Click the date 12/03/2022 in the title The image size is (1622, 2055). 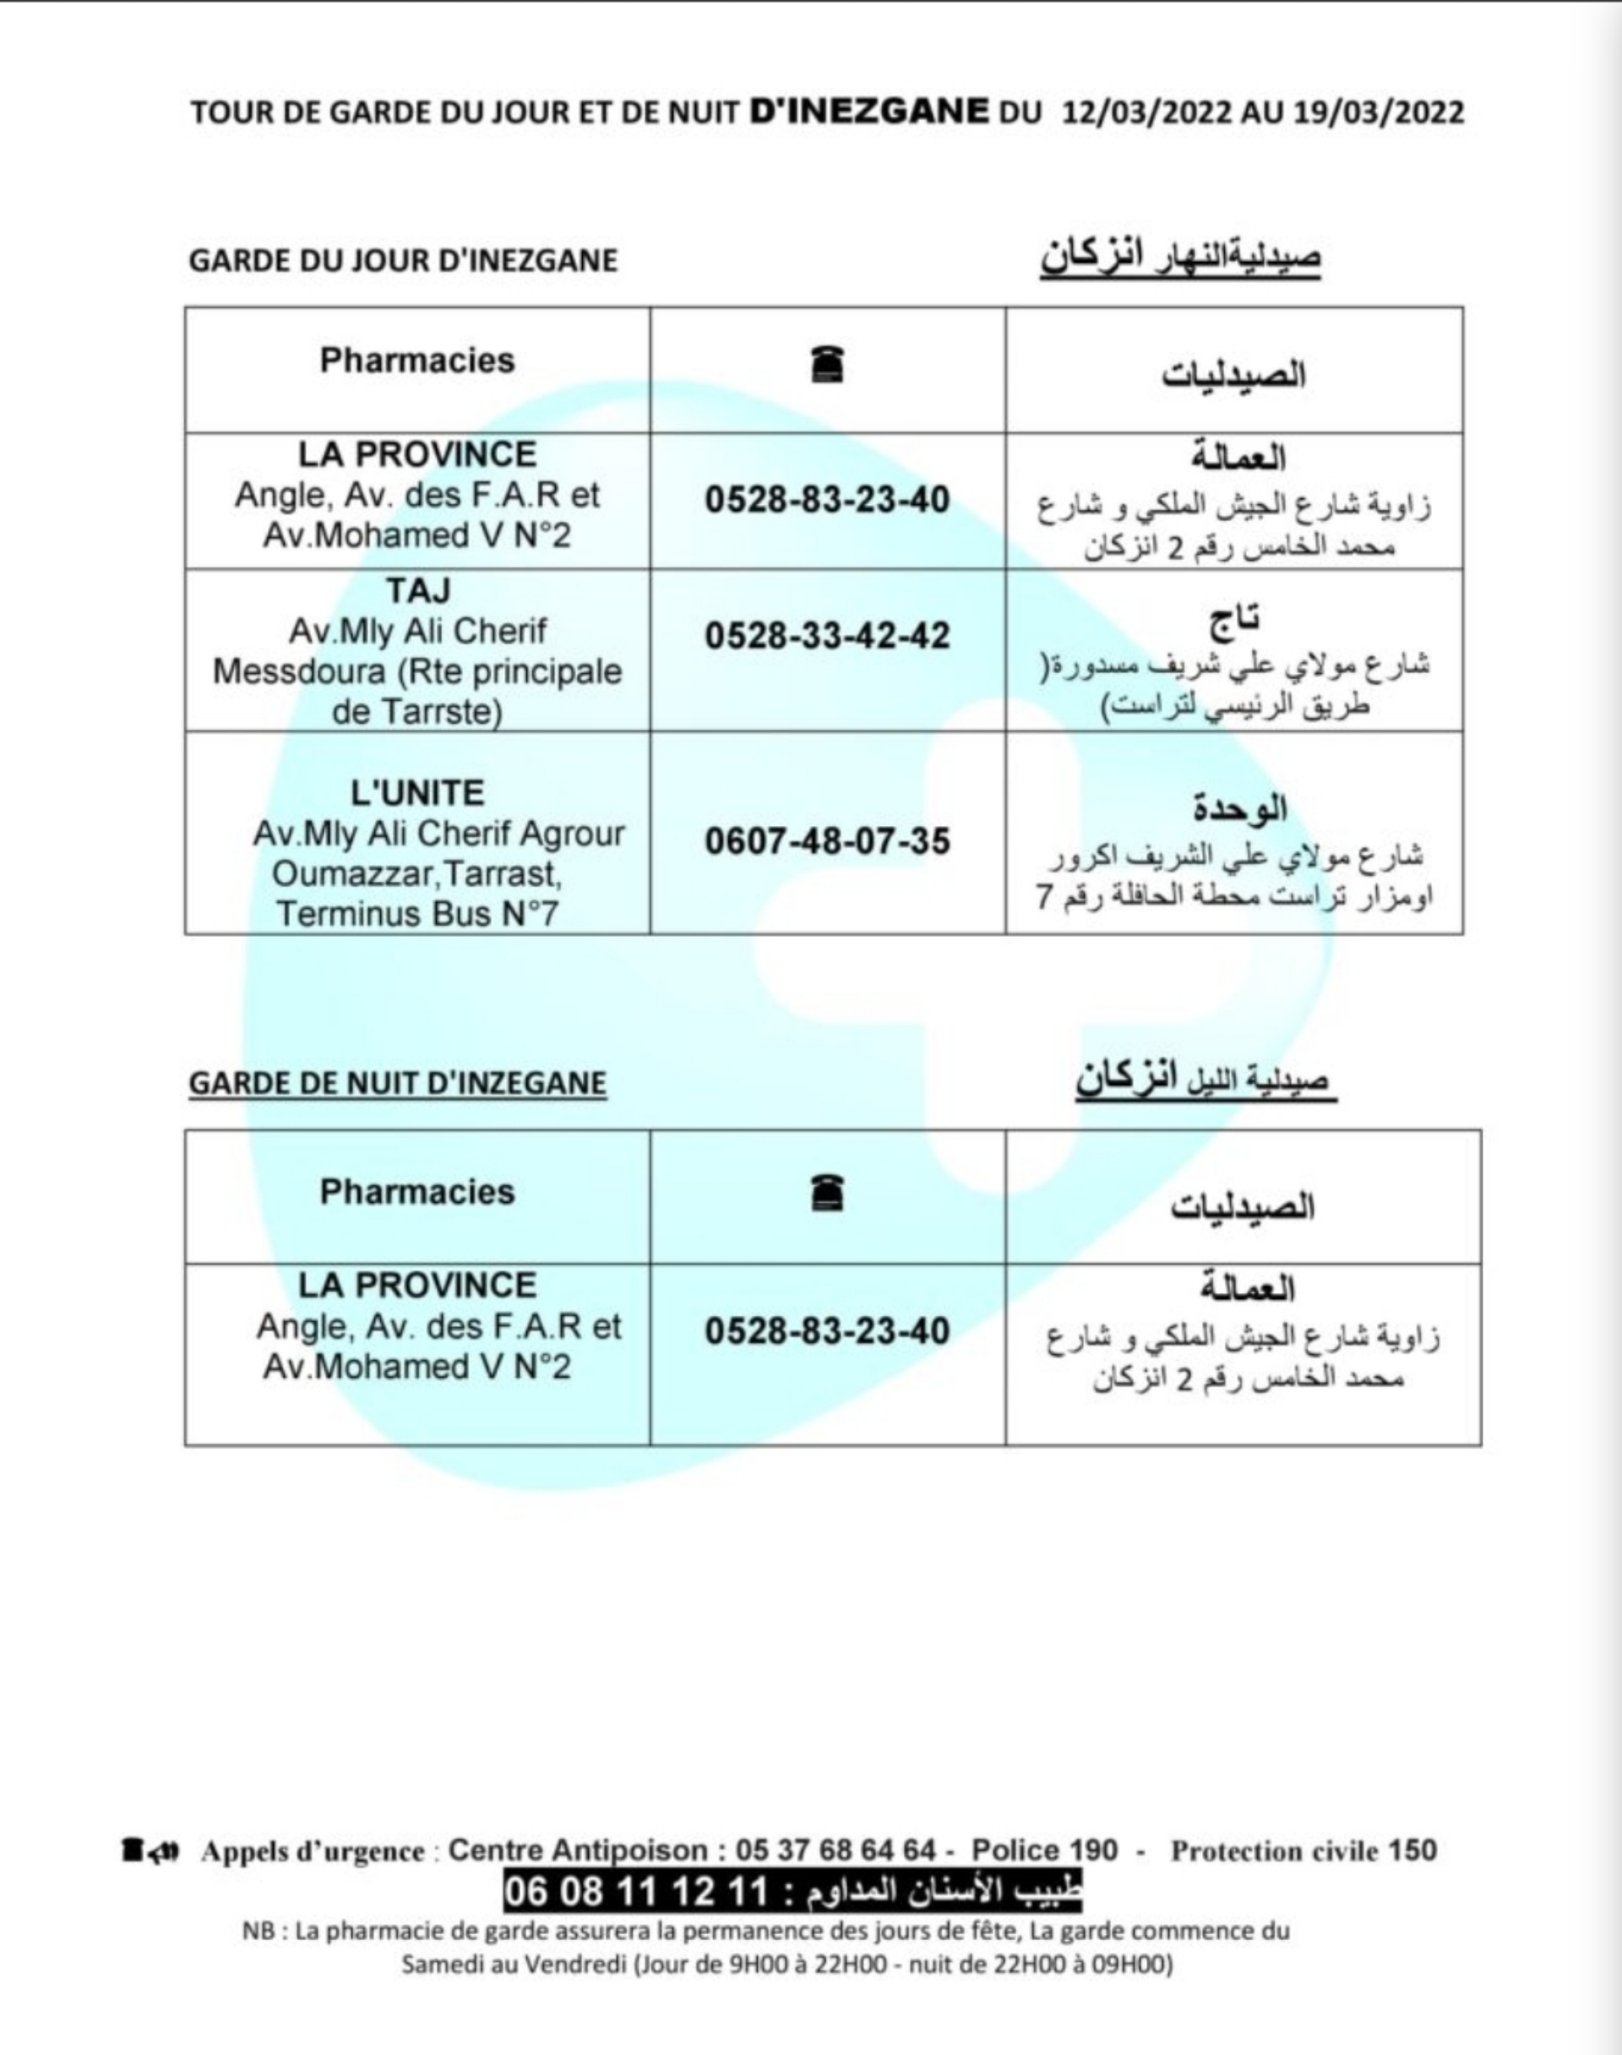pos(1146,112)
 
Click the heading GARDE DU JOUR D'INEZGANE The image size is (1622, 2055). pos(403,260)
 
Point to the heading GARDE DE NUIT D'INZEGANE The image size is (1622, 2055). pos(397,1084)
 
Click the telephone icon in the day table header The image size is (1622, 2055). pos(828,365)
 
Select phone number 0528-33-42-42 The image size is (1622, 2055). pos(827,635)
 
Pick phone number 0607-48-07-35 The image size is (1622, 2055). pos(827,841)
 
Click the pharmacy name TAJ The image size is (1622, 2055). pos(418,590)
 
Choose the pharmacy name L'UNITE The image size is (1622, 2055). pos(418,793)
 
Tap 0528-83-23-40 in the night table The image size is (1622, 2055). pos(827,1331)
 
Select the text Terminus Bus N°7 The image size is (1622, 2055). pos(418,914)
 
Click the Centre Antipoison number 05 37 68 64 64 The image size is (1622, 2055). pos(835,1851)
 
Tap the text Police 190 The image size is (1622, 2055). pos(1045,1851)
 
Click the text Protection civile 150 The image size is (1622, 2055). pos(1304,1851)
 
